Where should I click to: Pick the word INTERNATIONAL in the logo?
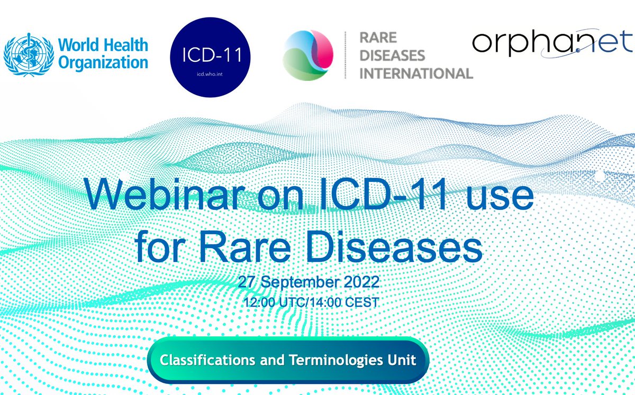[x=416, y=73]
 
